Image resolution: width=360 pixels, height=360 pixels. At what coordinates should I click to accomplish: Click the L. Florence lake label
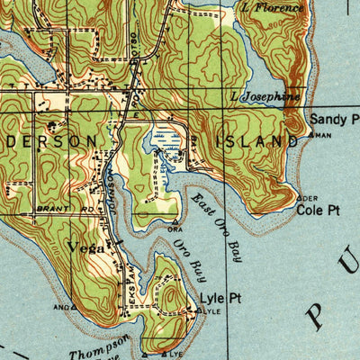coord(273,7)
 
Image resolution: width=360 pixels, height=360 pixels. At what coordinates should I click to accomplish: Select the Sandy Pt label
coord(334,119)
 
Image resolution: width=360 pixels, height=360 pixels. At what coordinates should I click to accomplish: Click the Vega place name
coord(86,247)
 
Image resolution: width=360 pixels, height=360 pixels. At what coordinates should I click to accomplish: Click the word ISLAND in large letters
coord(256,141)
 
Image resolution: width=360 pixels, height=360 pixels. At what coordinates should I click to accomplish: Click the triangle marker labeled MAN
coord(311,135)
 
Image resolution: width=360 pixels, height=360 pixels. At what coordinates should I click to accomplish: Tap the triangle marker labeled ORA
coord(175,220)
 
